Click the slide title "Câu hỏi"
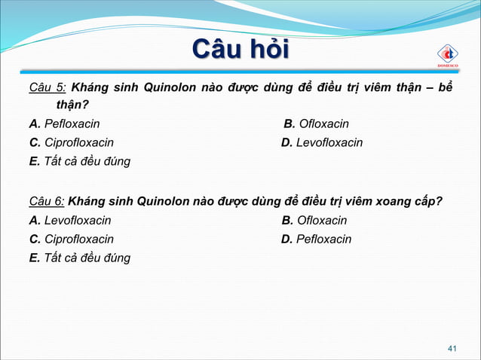pos(240,51)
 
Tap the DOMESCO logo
pos(448,55)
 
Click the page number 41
pos(452,348)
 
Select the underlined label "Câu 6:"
pos(47,201)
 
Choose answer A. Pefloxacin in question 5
pos(64,124)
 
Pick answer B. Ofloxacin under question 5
pos(316,124)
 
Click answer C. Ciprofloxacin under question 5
pos(72,142)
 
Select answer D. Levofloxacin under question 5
pos(322,142)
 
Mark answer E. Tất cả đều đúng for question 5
pos(79,161)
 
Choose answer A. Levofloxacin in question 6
pos(70,221)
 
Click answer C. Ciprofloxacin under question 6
pos(72,239)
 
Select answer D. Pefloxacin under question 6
pos(316,239)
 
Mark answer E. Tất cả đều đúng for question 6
pos(79,258)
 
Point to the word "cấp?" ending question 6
pos(424,201)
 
